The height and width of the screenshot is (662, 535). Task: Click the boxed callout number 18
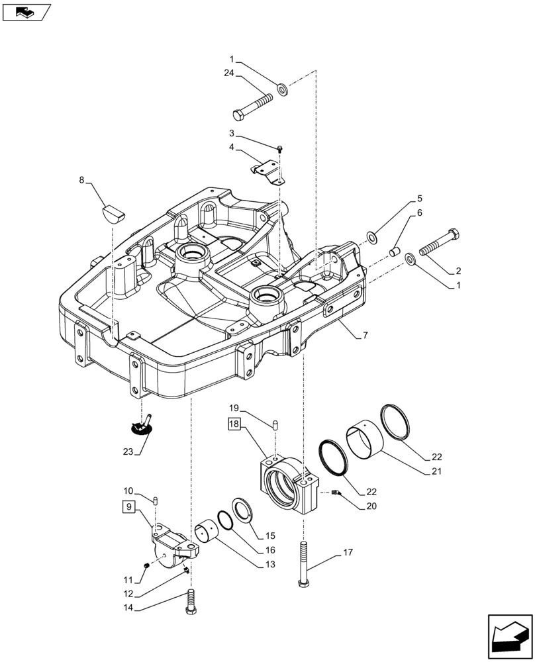[x=235, y=424]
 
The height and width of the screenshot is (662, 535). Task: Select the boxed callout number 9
[x=130, y=507]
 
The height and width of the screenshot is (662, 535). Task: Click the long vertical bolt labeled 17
[x=303, y=561]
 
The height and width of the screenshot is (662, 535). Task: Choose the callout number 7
[x=364, y=336]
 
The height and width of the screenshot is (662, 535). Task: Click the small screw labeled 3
[x=281, y=149]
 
